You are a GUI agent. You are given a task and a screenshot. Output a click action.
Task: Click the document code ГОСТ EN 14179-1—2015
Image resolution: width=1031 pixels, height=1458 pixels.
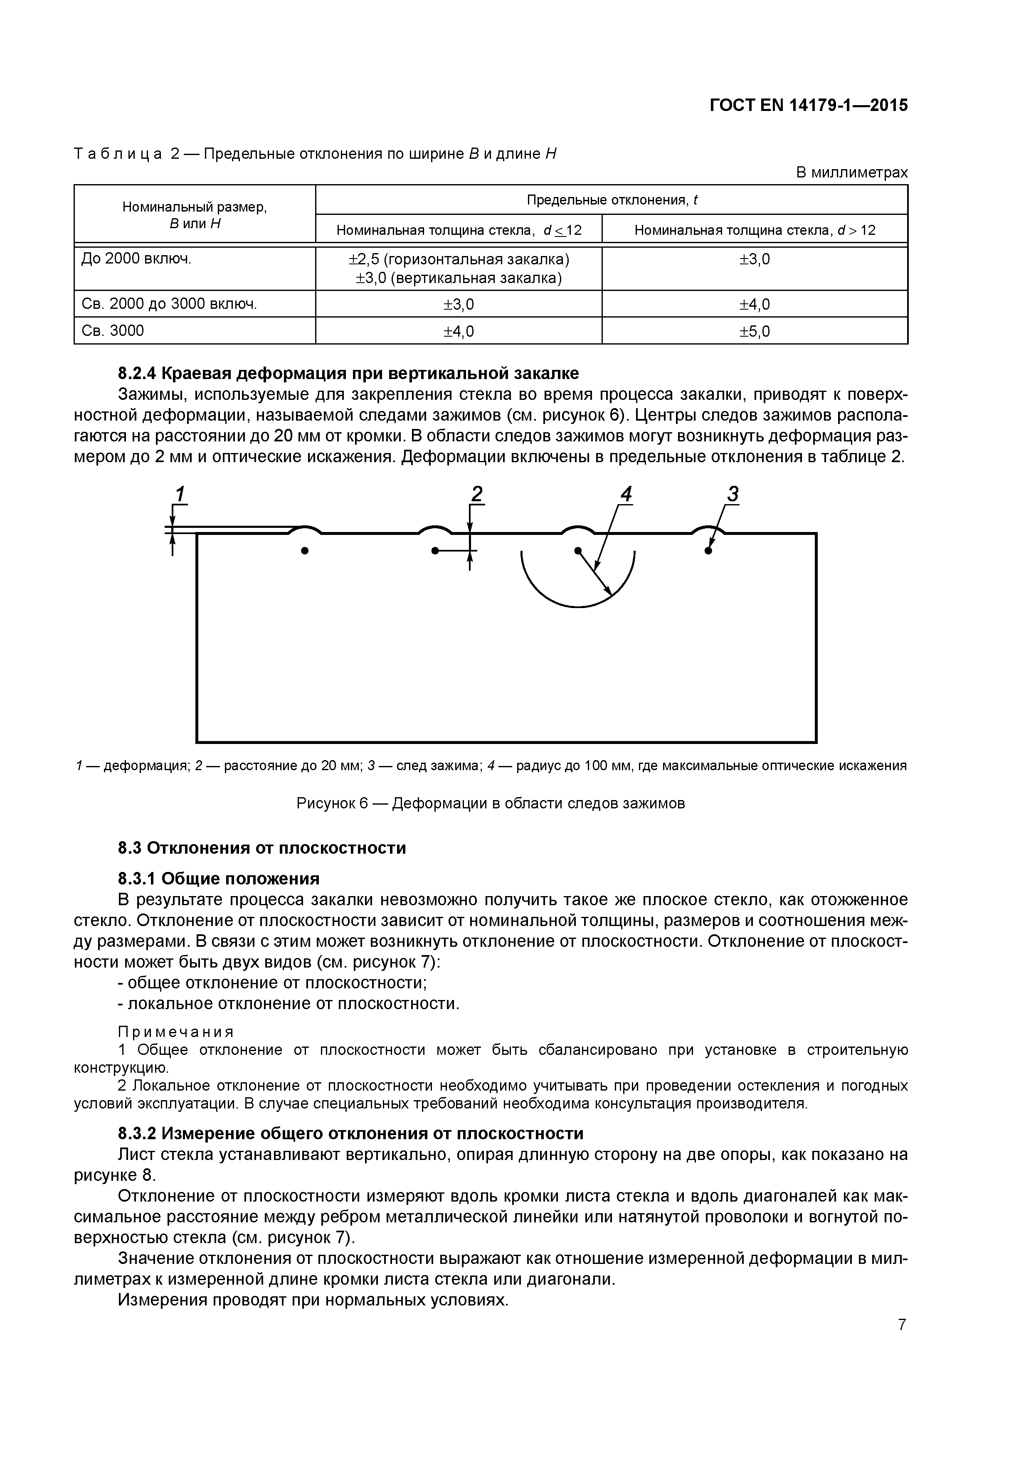(x=808, y=106)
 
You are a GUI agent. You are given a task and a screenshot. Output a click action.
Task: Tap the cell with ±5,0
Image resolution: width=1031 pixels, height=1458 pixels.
(x=754, y=331)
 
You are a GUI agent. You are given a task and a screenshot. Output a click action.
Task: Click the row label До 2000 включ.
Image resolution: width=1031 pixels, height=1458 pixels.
(x=136, y=259)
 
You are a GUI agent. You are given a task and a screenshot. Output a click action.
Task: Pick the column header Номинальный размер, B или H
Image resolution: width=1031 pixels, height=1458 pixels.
(x=195, y=214)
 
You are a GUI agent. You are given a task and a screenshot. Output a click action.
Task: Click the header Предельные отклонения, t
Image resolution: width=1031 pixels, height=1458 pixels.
(x=611, y=200)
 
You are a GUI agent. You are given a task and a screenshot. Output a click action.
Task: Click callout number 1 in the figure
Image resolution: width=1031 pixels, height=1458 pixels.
(x=180, y=493)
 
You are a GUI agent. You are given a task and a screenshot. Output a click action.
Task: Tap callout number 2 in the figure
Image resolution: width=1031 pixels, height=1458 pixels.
(x=477, y=493)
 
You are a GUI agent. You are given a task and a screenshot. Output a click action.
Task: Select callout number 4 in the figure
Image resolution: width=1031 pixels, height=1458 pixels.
(x=626, y=493)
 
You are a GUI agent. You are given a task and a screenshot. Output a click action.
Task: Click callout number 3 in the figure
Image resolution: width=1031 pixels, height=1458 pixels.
(x=733, y=493)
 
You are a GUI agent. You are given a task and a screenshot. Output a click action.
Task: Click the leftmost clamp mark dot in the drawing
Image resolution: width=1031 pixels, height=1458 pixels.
(x=305, y=551)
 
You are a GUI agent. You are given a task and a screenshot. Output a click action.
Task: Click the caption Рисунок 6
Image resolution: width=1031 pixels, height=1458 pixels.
(x=491, y=803)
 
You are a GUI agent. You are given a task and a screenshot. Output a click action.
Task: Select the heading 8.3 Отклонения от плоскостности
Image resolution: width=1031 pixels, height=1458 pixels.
(x=262, y=848)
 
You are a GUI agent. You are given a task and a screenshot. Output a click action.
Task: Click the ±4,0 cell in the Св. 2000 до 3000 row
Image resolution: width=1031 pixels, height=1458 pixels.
(x=754, y=304)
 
